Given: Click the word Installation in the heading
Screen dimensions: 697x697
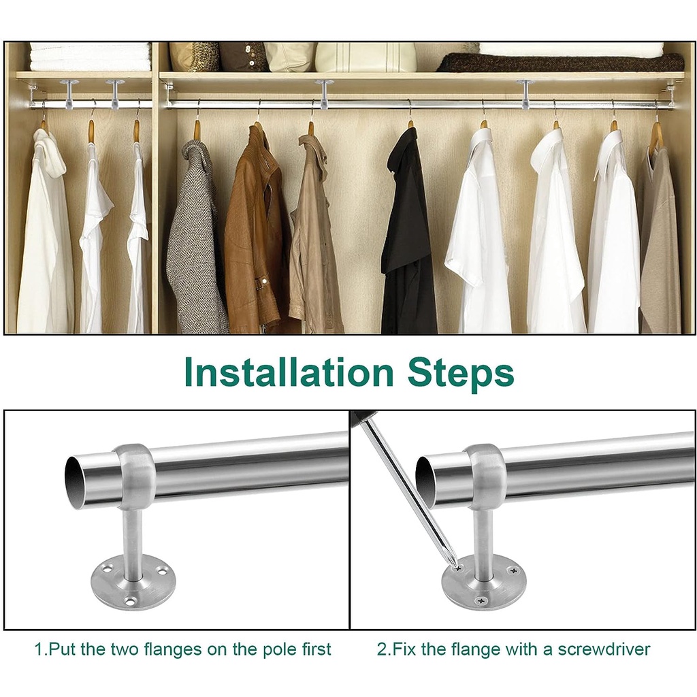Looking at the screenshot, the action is pos(289,372).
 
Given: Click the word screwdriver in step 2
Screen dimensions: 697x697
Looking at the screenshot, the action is pos(604,649).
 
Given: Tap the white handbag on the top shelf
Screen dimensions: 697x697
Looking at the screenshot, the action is pos(366,56).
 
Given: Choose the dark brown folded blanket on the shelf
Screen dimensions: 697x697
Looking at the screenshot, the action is pos(560,62).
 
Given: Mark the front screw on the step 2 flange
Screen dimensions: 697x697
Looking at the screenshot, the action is pos(481,601).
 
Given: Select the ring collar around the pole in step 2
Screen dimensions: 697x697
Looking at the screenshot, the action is pos(485,477).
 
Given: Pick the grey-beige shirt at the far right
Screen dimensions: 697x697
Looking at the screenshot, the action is pos(661,240).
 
